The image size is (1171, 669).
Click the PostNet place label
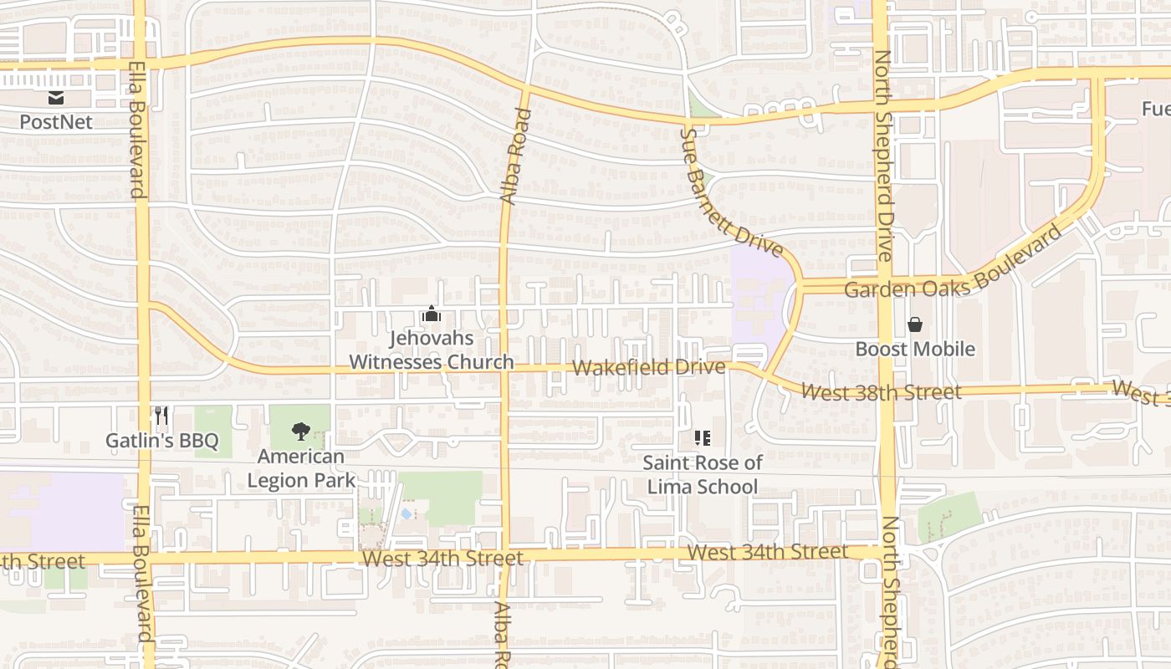pyautogui.click(x=55, y=121)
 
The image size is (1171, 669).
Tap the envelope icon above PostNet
pyautogui.click(x=55, y=98)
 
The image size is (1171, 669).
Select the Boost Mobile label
pyautogui.click(x=915, y=349)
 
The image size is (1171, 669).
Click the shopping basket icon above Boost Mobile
pyautogui.click(x=915, y=324)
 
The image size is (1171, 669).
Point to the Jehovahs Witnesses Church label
pyautogui.click(x=431, y=350)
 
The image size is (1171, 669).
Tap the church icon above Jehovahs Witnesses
pyautogui.click(x=432, y=315)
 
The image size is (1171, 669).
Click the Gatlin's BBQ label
pyautogui.click(x=162, y=441)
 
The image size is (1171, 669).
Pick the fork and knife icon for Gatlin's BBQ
pyautogui.click(x=162, y=416)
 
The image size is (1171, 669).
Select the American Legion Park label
pyautogui.click(x=301, y=468)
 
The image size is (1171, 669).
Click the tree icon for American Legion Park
pyautogui.click(x=300, y=432)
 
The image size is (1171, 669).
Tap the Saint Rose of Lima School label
pyautogui.click(x=703, y=474)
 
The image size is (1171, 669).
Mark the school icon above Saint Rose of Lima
pyautogui.click(x=703, y=437)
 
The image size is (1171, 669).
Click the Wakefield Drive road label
pyautogui.click(x=649, y=368)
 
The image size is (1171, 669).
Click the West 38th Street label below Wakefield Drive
pyautogui.click(x=881, y=391)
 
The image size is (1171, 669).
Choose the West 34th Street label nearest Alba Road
pyautogui.click(x=442, y=558)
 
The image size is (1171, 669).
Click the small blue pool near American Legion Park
pyautogui.click(x=407, y=513)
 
